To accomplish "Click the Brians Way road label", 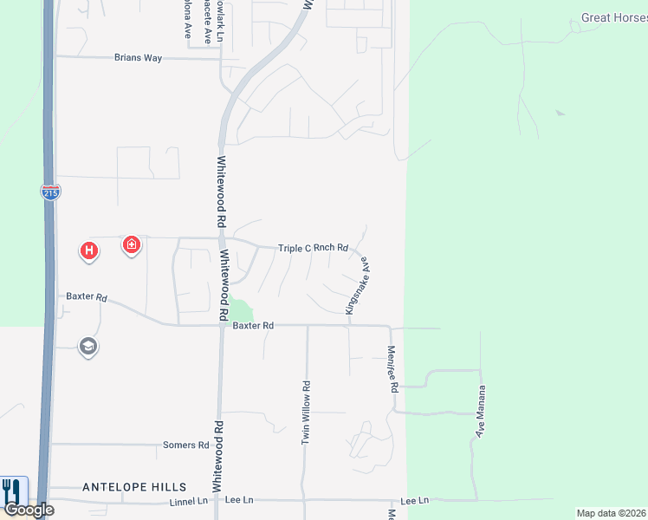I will pos(139,58).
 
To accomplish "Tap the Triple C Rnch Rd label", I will pos(313,248).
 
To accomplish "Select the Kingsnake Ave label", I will pos(357,284).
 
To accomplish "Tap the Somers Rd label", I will pos(186,445).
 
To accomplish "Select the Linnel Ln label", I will pos(189,501).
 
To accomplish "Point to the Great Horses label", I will pos(613,17).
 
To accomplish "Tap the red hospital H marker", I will pos(88,251).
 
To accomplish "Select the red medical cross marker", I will pos(131,245).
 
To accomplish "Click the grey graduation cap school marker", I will pos(87,348).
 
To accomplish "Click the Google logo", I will pos(28,510).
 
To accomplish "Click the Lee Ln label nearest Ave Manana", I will pos(415,501).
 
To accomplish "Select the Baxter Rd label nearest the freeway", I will pos(87,296).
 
